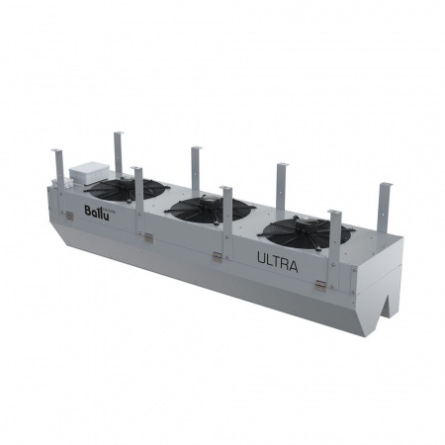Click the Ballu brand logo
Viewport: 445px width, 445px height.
click(x=96, y=210)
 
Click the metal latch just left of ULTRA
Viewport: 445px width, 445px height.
click(x=217, y=256)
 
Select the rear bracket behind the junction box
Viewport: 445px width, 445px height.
click(x=118, y=153)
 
